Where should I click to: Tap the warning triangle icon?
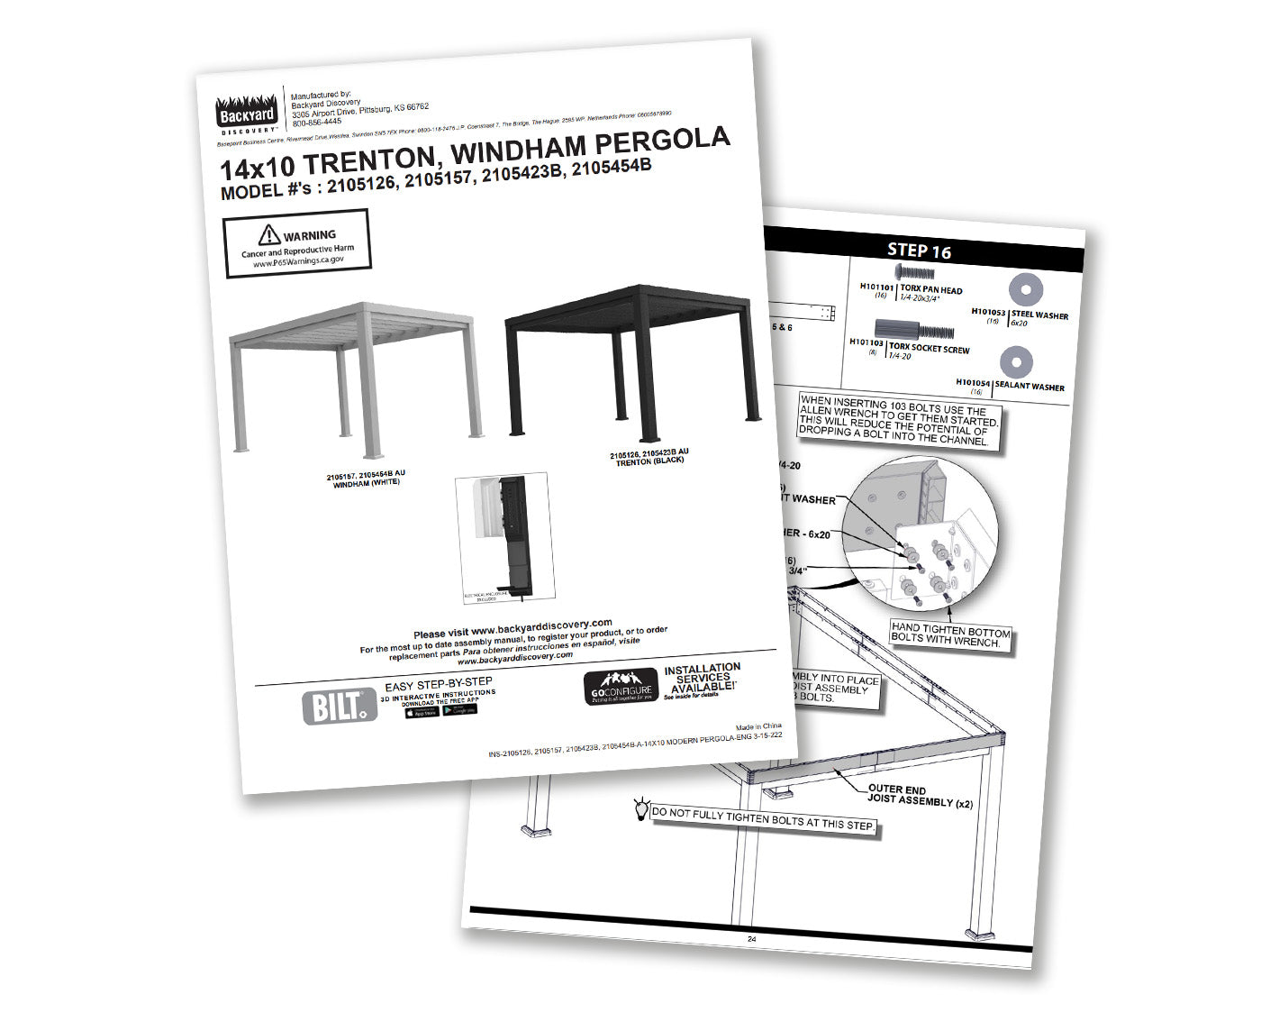coord(268,236)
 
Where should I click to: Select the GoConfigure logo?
coord(621,687)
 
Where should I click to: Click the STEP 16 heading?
coord(919,251)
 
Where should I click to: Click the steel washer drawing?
coord(1025,289)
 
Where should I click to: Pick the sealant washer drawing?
coord(1017,361)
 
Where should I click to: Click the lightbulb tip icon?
coord(641,808)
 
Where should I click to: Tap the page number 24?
coord(751,938)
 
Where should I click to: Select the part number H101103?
coord(866,342)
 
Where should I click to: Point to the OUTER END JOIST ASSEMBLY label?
coord(919,795)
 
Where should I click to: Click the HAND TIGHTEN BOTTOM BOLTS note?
coord(950,634)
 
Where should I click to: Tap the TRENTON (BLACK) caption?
coord(649,461)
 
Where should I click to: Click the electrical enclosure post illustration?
coord(504,535)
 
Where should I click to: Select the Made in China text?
coord(758,726)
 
